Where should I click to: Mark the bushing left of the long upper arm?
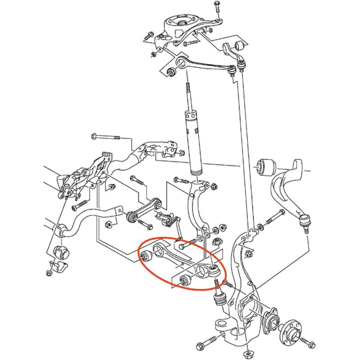click(x=171, y=71)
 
